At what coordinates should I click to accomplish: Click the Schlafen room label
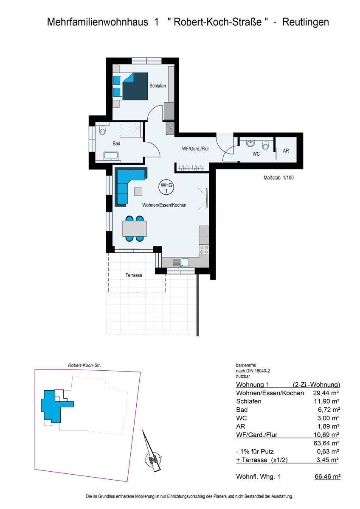[x=157, y=86]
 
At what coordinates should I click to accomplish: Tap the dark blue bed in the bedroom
[x=135, y=86]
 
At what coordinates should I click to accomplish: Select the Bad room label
[x=116, y=143]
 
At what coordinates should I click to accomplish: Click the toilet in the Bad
[x=103, y=131]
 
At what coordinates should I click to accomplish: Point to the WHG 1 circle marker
[x=166, y=187]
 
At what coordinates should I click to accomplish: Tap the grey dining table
[x=135, y=228]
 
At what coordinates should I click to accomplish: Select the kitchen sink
[x=181, y=263]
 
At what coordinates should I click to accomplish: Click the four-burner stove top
[x=204, y=249]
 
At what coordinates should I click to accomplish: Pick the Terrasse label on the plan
[x=134, y=275]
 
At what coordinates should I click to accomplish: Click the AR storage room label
[x=286, y=151]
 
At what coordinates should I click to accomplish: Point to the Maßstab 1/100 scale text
[x=278, y=178]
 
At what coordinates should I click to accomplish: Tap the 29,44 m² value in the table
[x=326, y=393]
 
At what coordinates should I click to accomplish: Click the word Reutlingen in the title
[x=306, y=22]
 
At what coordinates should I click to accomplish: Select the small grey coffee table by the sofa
[x=138, y=191]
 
